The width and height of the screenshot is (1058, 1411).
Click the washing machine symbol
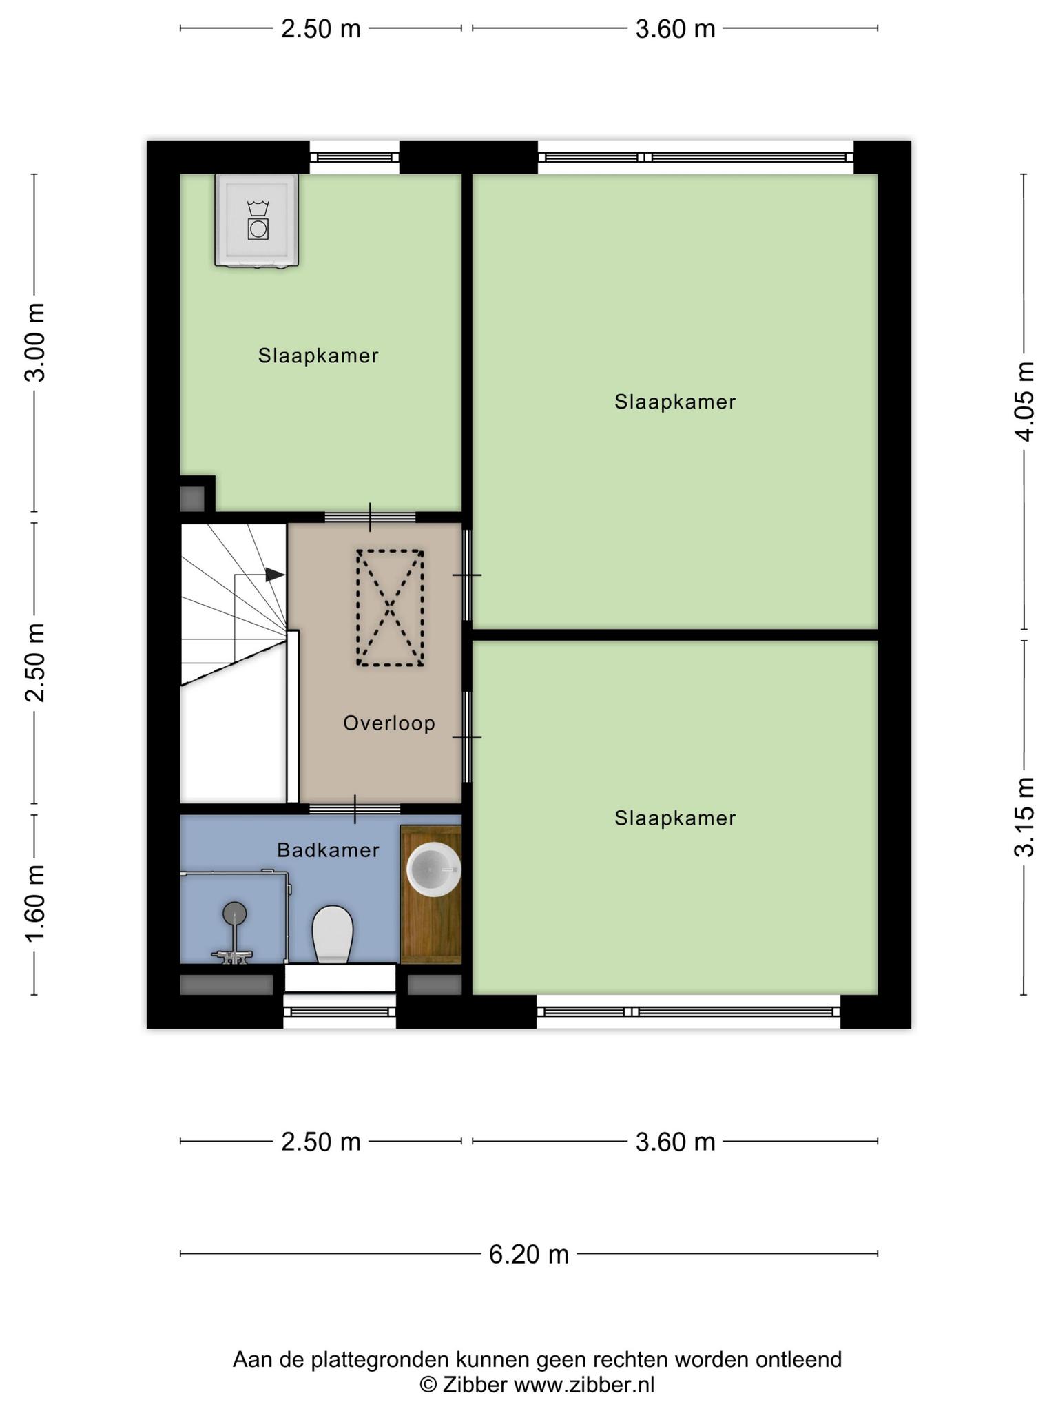[257, 220]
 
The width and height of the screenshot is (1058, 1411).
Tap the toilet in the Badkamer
[333, 934]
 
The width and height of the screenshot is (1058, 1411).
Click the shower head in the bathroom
[235, 914]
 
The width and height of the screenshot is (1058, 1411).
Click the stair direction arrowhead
[276, 575]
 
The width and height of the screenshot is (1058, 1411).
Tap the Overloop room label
[389, 723]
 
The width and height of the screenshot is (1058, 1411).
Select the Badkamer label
[328, 850]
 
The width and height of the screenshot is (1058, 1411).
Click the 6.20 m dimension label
[529, 1254]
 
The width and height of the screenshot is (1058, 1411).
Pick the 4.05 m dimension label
[1025, 401]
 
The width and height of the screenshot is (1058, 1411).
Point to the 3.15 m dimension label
[1025, 817]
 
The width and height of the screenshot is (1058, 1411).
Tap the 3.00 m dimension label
[34, 342]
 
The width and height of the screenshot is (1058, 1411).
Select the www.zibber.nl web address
[584, 1385]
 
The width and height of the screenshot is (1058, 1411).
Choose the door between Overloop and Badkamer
[355, 809]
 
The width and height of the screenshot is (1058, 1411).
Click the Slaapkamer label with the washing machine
[318, 356]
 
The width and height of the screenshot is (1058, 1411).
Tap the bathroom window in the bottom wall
[340, 1011]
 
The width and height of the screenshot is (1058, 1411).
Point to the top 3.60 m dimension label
[675, 29]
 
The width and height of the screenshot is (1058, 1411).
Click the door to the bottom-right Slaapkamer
[467, 737]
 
